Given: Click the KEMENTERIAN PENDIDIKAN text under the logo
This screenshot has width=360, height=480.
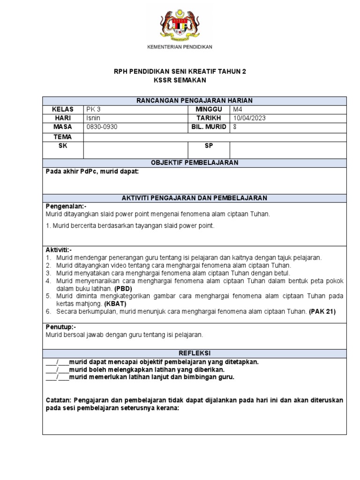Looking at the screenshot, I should click(x=180, y=47).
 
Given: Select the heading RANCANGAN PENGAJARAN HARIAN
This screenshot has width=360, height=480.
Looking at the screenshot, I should click(x=194, y=101).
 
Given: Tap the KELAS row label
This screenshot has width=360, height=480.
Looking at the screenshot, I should click(x=63, y=109).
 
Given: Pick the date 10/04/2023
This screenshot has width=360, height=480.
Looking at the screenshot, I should click(x=249, y=118).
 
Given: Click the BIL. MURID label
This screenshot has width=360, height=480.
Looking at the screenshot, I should click(x=209, y=127).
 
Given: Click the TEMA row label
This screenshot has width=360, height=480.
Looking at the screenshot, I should click(x=63, y=137).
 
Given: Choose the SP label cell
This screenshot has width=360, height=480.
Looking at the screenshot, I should click(x=209, y=146).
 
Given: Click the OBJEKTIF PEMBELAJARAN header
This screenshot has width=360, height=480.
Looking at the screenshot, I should click(x=194, y=163).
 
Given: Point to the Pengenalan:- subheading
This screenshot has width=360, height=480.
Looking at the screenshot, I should click(x=66, y=206).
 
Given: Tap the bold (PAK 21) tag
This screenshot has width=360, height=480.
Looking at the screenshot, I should click(x=322, y=311).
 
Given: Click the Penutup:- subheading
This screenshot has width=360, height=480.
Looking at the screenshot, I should click(x=60, y=327).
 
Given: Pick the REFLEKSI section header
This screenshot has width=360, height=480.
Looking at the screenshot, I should click(x=194, y=353).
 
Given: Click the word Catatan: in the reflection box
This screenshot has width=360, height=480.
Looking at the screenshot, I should click(x=60, y=400).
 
